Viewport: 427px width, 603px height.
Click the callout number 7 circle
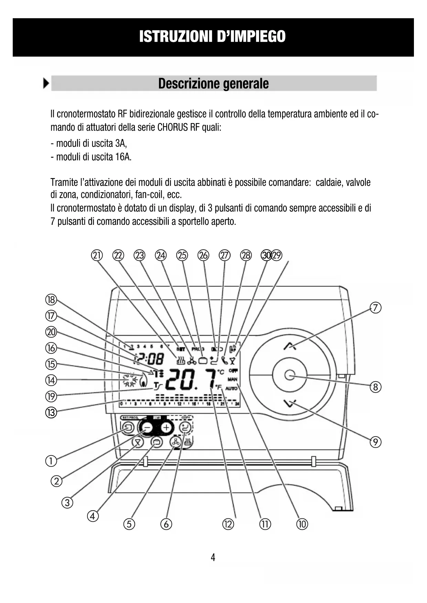(x=375, y=308)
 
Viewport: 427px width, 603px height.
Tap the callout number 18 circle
(x=51, y=300)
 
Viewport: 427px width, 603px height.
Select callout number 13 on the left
(x=51, y=412)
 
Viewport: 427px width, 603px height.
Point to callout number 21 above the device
(x=97, y=255)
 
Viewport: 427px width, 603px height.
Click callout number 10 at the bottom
(x=302, y=524)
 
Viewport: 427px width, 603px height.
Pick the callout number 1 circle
(x=51, y=461)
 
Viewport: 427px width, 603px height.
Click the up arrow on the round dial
(x=290, y=346)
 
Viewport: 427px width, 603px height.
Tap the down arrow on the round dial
(x=290, y=403)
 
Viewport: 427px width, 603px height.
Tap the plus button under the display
(x=167, y=428)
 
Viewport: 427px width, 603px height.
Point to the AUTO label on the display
(x=232, y=388)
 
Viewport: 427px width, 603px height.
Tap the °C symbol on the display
(x=221, y=372)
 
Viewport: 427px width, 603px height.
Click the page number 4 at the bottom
(x=213, y=558)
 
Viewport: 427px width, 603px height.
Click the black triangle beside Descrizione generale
(x=46, y=84)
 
